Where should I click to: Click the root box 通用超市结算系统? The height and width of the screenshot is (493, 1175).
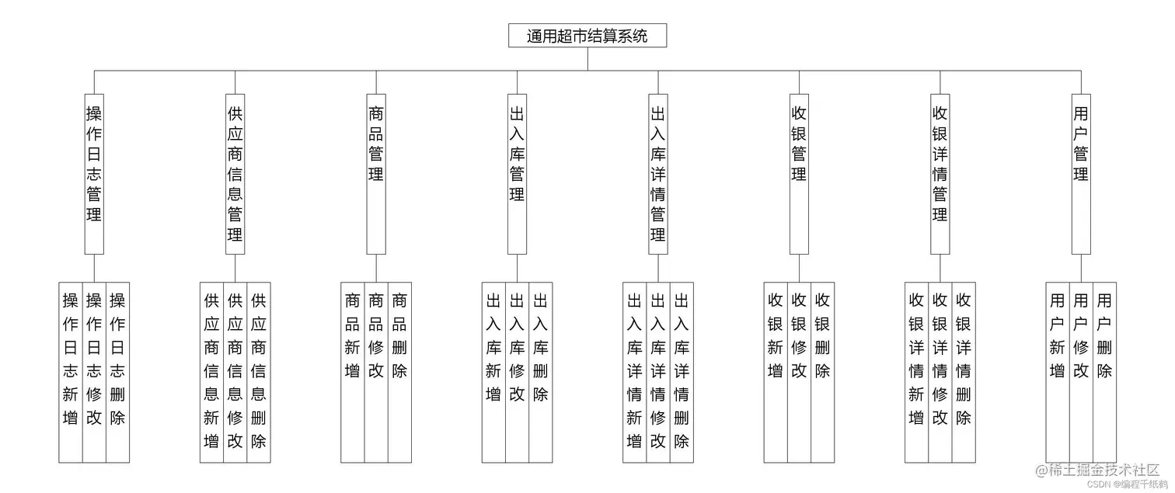[587, 36]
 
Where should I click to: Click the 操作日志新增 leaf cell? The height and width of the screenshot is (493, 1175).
[71, 372]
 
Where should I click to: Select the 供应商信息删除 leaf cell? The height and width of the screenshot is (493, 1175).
[259, 372]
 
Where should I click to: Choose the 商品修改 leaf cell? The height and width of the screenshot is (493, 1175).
[376, 372]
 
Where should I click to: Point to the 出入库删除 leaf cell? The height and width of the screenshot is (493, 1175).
[541, 372]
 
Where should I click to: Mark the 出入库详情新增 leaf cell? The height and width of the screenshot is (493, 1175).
[634, 372]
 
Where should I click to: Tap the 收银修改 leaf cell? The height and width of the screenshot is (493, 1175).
[799, 372]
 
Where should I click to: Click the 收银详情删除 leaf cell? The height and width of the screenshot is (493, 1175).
[964, 372]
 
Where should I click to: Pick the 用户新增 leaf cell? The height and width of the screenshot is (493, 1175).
[1058, 372]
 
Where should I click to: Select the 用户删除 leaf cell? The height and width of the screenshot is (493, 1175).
[1104, 372]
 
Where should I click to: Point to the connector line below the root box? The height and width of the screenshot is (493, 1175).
[587, 59]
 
